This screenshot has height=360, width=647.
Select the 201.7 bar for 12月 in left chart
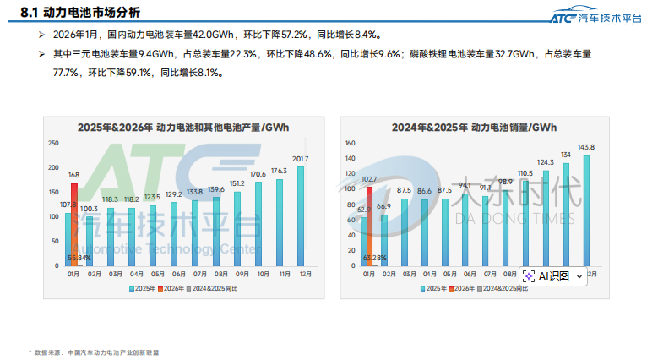coord(299,215)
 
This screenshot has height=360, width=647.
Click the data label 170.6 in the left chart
coord(258,174)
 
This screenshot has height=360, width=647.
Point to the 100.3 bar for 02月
coord(89,241)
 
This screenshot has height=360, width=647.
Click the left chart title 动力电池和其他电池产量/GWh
coord(183,127)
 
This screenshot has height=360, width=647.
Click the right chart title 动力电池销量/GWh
coord(474,127)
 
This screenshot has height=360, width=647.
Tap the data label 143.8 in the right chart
coord(585,147)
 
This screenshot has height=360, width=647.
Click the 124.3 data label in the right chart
coord(545,162)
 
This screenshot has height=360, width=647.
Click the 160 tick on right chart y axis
coord(350,144)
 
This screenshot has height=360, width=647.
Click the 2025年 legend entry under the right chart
coord(434,289)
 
